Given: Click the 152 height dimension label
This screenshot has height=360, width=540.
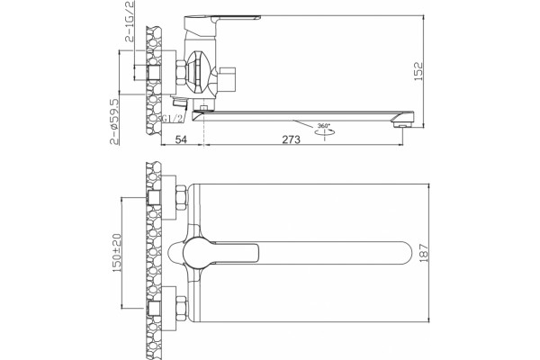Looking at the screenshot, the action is click(418, 71).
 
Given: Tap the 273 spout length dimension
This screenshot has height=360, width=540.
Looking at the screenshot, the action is click(292, 139).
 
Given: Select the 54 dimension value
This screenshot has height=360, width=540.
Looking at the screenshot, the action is click(181, 139).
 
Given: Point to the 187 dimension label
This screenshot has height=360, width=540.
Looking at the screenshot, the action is click(424, 253).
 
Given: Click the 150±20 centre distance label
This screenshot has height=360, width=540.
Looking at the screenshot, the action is click(117, 253).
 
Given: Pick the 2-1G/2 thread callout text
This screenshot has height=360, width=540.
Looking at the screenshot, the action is click(130, 21).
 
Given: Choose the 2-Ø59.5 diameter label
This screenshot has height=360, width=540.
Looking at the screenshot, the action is click(114, 121).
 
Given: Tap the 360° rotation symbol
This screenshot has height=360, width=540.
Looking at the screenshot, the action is click(324, 130).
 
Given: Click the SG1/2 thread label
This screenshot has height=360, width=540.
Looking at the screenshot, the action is click(172, 119).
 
